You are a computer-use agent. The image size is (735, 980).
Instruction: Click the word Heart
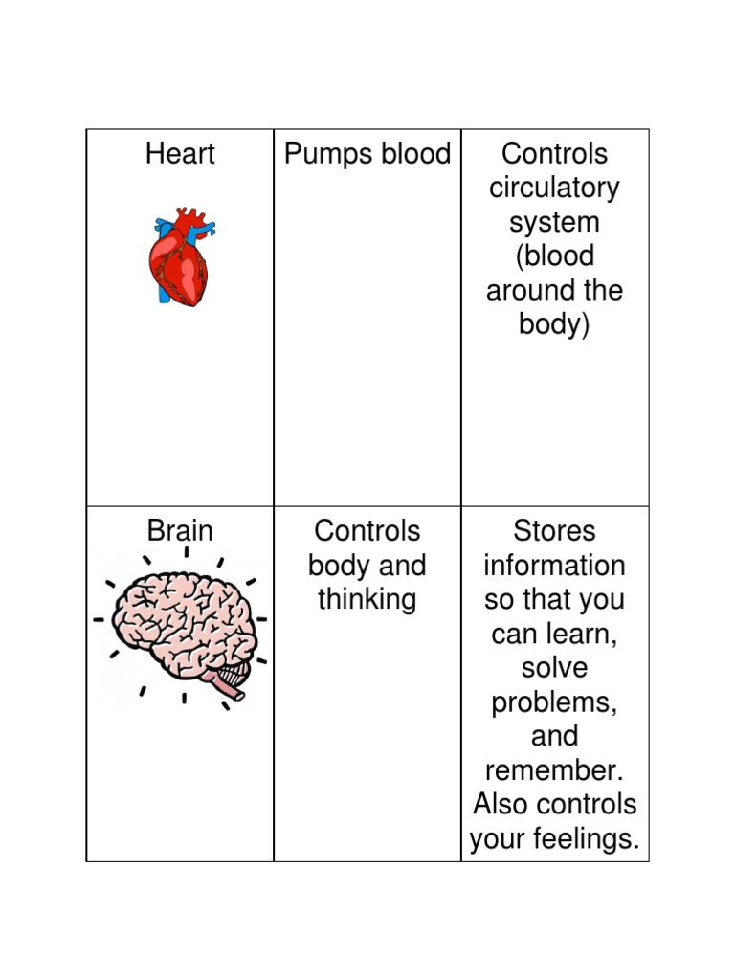point(180,154)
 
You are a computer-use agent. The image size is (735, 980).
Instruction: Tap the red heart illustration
point(179,258)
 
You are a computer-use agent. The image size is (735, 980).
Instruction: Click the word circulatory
point(554,189)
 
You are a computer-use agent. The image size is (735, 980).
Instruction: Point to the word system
point(554,223)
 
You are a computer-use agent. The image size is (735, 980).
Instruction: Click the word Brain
point(180,531)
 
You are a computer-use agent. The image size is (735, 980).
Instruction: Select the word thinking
point(367,600)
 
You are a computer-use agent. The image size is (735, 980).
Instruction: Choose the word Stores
point(554,531)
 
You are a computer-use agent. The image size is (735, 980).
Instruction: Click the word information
point(554,566)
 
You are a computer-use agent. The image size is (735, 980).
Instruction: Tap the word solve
point(554,668)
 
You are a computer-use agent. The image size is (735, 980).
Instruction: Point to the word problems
point(554,703)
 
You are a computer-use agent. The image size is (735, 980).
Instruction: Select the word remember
point(554,771)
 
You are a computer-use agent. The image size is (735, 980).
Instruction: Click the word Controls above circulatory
point(554,154)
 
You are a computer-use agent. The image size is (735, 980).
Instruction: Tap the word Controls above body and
point(367,531)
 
